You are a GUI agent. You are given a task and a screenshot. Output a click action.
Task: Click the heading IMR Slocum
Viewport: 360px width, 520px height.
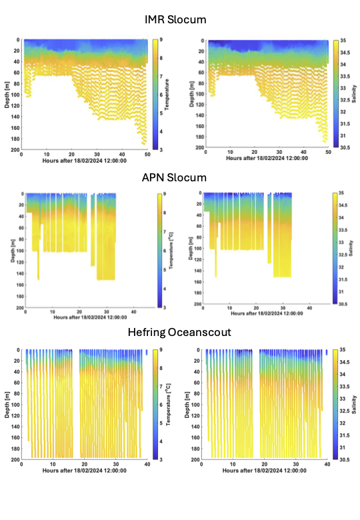pyautogui.click(x=175, y=19)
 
